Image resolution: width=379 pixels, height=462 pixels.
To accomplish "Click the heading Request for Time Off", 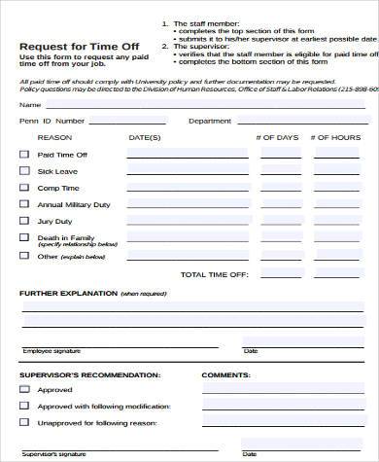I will point(64,46).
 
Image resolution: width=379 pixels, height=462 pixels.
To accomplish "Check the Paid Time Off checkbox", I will point(24,154).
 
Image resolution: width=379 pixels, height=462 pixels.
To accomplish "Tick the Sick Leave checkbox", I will point(24,170).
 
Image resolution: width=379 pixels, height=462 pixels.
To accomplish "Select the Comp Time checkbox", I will point(24,187).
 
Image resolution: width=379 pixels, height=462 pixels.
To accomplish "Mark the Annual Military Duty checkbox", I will point(24,204).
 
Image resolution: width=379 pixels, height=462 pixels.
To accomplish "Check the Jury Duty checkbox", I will point(24,221).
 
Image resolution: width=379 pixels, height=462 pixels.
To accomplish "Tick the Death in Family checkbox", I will point(24,238).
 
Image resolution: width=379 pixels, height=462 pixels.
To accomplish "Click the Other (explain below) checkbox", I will point(24,257).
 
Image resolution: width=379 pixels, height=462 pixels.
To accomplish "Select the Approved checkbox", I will point(24,389).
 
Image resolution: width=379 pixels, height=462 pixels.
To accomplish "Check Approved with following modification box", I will point(24,407).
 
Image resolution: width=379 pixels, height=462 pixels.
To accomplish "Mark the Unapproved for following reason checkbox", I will point(24,423).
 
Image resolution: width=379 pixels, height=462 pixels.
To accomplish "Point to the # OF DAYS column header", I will point(277,137).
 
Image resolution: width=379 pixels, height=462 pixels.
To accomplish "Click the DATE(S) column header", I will point(144,137).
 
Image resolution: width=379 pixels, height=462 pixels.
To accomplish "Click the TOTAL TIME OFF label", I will point(215,274).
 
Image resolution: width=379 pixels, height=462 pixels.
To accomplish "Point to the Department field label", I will point(209,121).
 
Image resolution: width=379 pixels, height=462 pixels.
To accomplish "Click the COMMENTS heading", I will point(225,373).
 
